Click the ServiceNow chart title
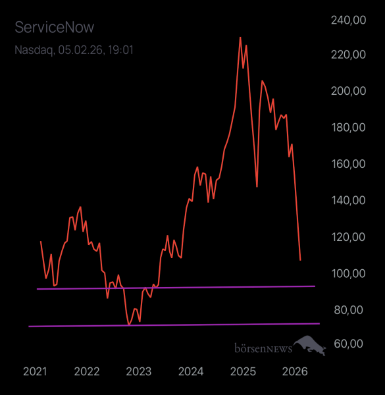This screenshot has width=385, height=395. [x=55, y=27]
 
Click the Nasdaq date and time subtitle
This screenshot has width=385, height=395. [x=74, y=49]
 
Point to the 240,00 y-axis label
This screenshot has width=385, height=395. [x=348, y=20]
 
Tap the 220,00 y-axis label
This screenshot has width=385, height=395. [x=348, y=57]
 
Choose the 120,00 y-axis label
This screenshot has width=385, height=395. [x=348, y=237]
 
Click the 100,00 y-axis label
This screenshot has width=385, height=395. [x=348, y=273]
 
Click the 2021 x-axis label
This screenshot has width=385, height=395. [x=35, y=371]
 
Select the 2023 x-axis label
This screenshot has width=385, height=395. [x=139, y=371]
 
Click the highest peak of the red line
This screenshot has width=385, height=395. [x=240, y=38]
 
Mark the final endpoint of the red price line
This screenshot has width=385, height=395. [x=300, y=260]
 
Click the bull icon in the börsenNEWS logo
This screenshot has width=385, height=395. [x=310, y=345]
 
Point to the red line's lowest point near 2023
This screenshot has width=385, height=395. [x=129, y=325]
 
